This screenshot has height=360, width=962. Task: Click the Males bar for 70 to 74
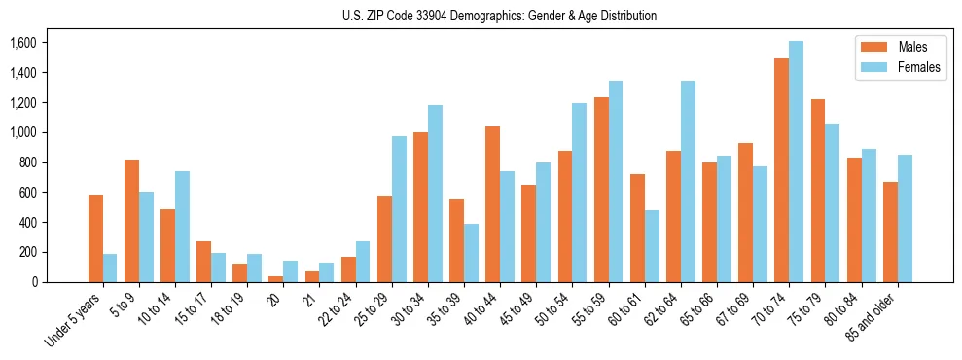coord(781,170)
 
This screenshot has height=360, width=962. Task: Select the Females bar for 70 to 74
coord(796,162)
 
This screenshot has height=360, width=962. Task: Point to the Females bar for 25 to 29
coord(399,209)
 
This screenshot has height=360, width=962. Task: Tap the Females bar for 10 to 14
coord(182,227)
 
